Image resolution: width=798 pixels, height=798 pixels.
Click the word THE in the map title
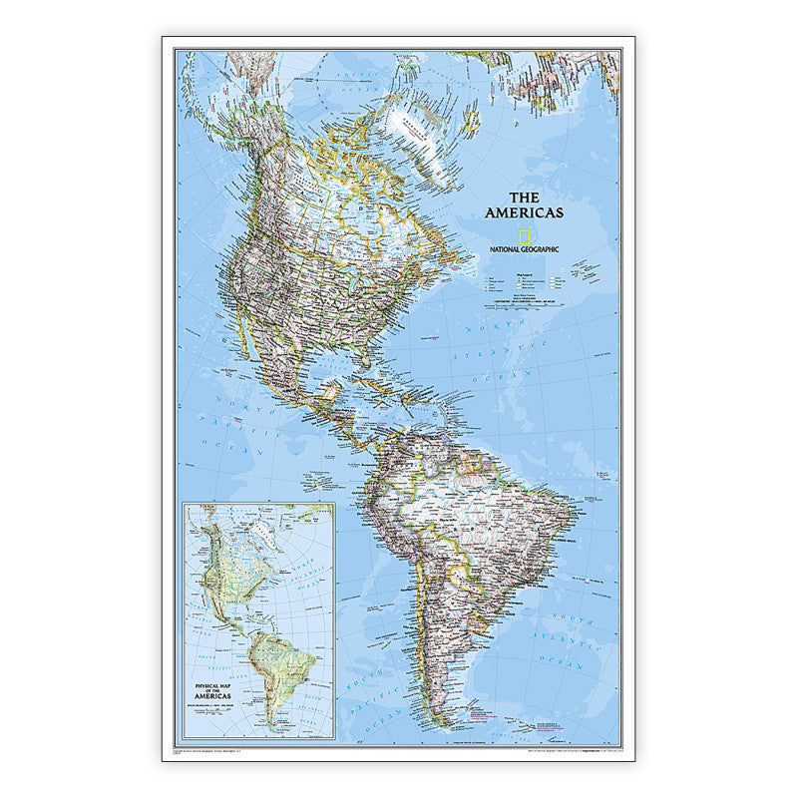coord(524,198)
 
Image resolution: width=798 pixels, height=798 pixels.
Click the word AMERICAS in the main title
coord(524,212)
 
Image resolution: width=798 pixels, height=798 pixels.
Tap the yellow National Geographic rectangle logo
coord(524,236)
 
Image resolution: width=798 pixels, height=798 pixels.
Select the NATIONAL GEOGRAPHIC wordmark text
coord(524,248)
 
